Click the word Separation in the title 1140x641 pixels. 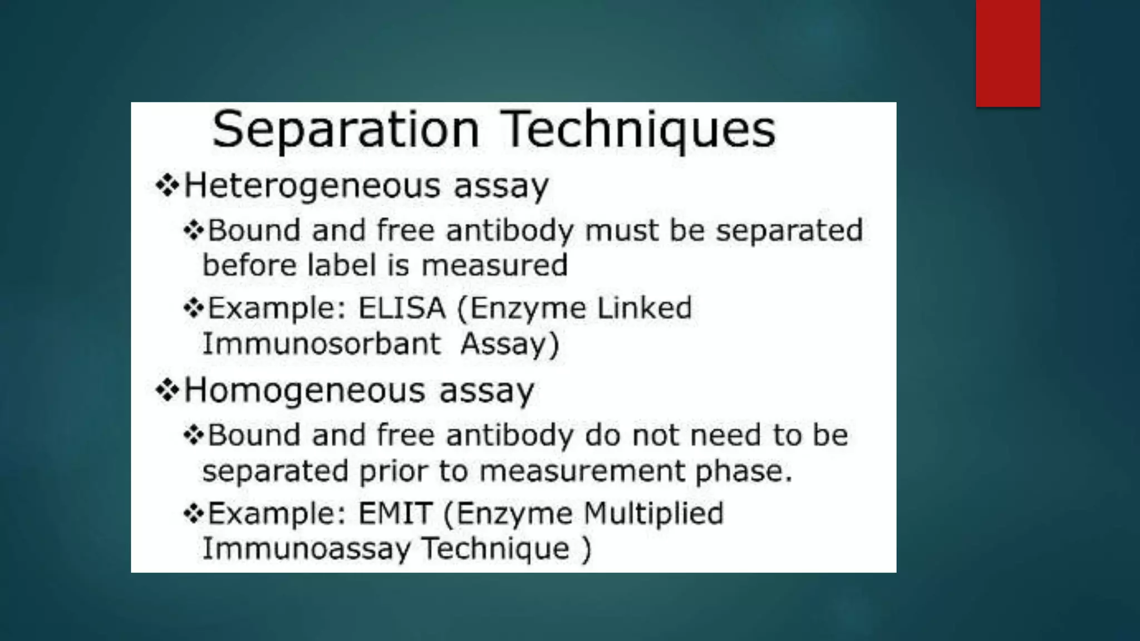pyautogui.click(x=345, y=130)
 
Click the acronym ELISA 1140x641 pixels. pyautogui.click(x=401, y=308)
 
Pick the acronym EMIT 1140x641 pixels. pyautogui.click(x=395, y=513)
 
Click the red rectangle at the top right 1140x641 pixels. pyautogui.click(x=1008, y=53)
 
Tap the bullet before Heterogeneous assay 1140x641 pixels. pyautogui.click(x=166, y=186)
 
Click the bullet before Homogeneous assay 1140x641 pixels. pyautogui.click(x=166, y=390)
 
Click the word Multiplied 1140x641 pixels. pyautogui.click(x=653, y=513)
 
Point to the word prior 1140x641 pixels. pyautogui.click(x=393, y=471)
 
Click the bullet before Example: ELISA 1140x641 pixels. pyautogui.click(x=193, y=308)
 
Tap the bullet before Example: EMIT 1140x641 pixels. pyautogui.click(x=193, y=513)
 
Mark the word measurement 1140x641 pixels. pyautogui.click(x=582, y=471)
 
